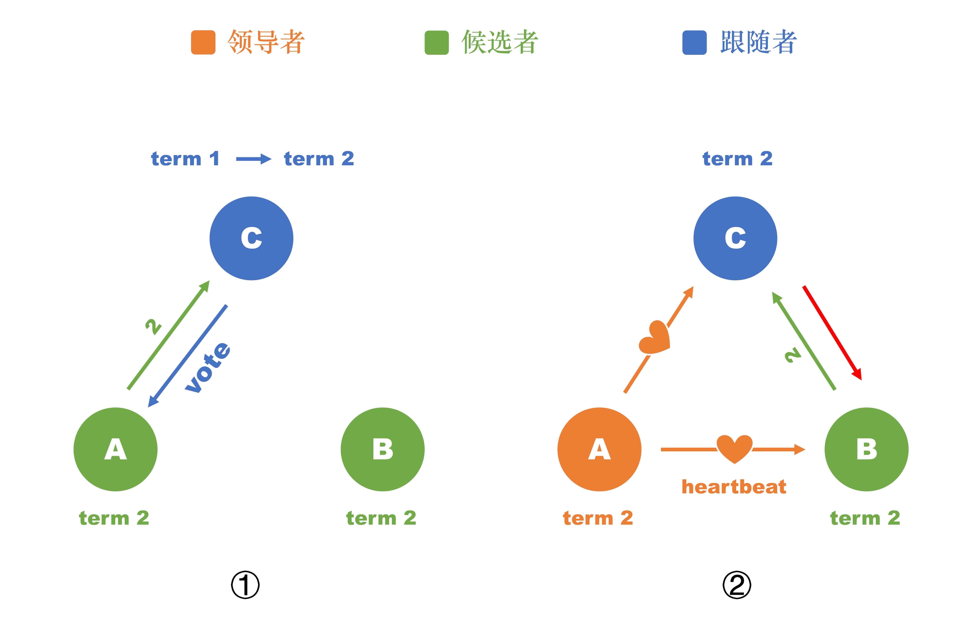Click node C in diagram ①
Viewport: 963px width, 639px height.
[x=251, y=238]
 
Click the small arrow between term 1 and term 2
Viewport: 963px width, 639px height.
[x=253, y=159]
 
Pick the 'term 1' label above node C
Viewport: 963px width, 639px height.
[x=185, y=159]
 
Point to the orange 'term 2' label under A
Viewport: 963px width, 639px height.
[x=598, y=518]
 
